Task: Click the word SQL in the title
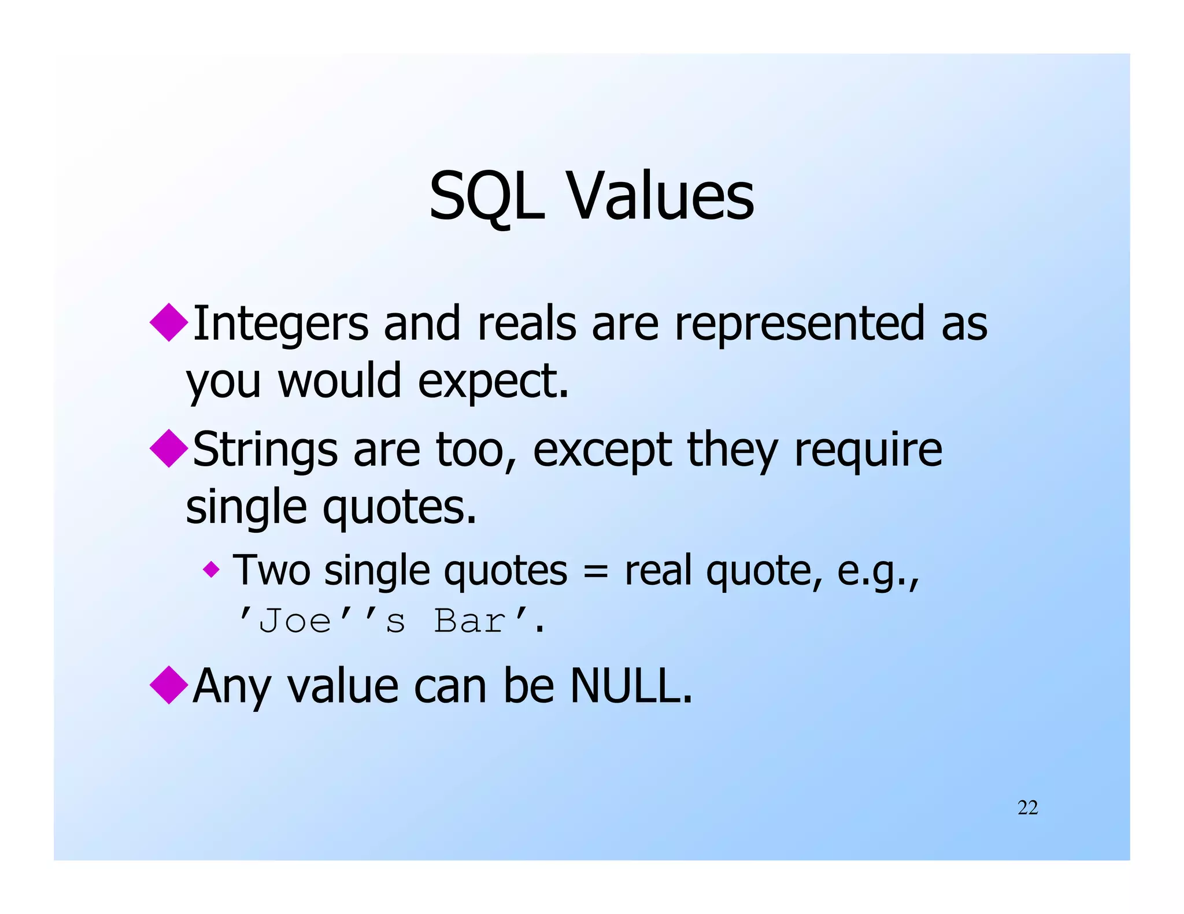pyautogui.click(x=487, y=196)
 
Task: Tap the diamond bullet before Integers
pyautogui.click(x=169, y=322)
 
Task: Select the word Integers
pyautogui.click(x=280, y=324)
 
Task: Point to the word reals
pyautogui.click(x=526, y=324)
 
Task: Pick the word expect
pyautogui.click(x=491, y=381)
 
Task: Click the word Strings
pyautogui.click(x=265, y=449)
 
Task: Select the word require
pyautogui.click(x=868, y=449)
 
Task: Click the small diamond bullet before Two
pyautogui.click(x=212, y=570)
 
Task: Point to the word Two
pyautogui.click(x=271, y=570)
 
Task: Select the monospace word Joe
pyautogui.click(x=295, y=622)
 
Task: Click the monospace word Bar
pyautogui.click(x=469, y=622)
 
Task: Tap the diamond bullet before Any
pyautogui.click(x=169, y=685)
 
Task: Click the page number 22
pyautogui.click(x=1027, y=808)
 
